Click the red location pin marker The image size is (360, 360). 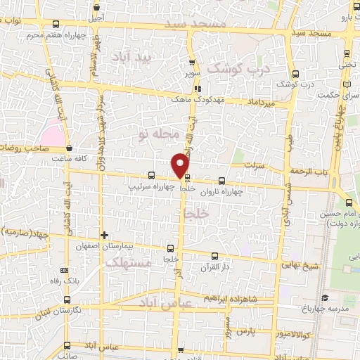tap(181, 165)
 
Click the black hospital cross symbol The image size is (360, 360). tap(104, 235)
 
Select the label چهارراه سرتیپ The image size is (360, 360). tap(151, 188)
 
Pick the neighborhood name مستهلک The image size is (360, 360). tap(127, 263)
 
